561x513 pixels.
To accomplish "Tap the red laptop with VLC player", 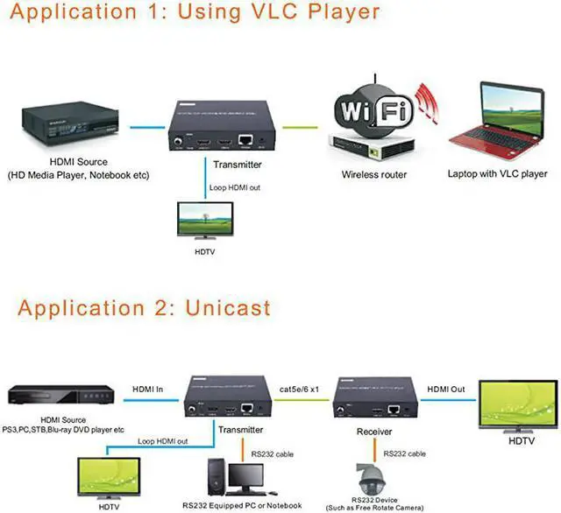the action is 497,123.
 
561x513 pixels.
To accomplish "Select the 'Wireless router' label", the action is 374,175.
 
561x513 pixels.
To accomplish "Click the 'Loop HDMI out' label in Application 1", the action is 235,187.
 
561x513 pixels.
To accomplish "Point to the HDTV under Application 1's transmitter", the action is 205,221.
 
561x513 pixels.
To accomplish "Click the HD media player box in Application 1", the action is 70,123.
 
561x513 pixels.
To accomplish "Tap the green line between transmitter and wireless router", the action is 300,127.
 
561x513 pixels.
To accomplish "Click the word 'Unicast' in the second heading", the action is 228,308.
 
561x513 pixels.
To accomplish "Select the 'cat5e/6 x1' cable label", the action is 299,389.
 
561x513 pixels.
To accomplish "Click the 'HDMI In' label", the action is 148,389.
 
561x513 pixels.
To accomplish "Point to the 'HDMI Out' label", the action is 446,389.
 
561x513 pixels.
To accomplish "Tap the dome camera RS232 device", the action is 373,480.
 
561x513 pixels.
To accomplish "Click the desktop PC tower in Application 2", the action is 217,477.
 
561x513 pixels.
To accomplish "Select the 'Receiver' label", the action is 374,432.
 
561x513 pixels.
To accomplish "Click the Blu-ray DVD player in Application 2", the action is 60,395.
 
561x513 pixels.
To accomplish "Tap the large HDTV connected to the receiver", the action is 518,406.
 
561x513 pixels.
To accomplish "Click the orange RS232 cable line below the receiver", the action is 374,450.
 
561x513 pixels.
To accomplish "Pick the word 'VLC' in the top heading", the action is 274,11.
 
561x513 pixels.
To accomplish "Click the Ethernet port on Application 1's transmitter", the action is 245,140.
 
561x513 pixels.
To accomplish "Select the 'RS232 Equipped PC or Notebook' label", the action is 242,505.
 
